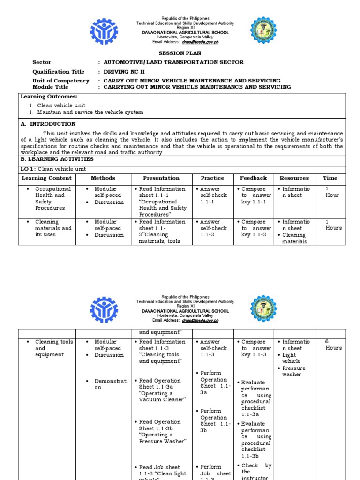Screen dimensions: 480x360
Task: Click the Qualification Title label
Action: (58, 72)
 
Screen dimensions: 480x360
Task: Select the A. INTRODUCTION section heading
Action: (48, 124)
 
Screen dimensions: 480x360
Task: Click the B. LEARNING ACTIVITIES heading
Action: (57, 159)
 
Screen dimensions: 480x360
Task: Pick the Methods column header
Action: (103, 178)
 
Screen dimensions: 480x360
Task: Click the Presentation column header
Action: (161, 178)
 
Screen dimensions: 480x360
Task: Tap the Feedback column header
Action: (253, 178)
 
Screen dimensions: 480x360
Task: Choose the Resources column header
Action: (294, 178)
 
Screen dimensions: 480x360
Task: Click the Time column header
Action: (330, 178)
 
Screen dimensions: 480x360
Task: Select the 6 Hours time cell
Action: (333, 345)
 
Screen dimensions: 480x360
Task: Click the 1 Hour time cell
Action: (331, 192)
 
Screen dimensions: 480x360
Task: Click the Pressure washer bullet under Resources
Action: (293, 371)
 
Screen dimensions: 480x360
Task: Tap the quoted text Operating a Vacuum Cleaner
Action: (162, 396)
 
